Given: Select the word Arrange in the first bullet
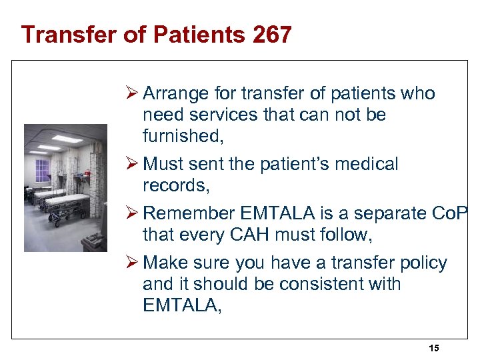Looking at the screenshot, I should tap(175, 94).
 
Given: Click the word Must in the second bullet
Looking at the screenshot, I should tap(163, 164).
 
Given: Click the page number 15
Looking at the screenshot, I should tap(434, 348).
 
